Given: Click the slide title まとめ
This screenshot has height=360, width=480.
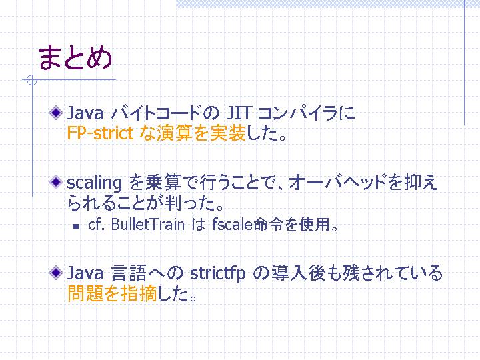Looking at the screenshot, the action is (x=75, y=57).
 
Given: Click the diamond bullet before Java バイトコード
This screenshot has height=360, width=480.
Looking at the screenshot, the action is (x=56, y=113).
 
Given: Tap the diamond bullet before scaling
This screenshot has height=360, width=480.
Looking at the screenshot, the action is (x=56, y=182).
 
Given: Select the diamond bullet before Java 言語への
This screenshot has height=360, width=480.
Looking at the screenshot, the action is (x=56, y=273).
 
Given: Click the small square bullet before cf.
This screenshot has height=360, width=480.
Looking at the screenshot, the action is (x=76, y=227).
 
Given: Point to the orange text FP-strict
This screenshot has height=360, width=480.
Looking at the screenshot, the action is (x=101, y=133).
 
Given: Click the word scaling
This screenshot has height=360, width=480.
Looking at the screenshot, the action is (x=94, y=183).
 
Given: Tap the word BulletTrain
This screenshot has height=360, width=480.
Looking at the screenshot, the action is (x=148, y=225).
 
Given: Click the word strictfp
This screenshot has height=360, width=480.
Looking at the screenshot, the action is (x=217, y=273).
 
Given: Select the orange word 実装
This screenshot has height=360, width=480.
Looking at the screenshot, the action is (x=228, y=133).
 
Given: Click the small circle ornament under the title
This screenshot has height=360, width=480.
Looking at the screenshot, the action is (x=31, y=80).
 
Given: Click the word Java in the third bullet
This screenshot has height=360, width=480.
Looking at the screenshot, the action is (x=85, y=273).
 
